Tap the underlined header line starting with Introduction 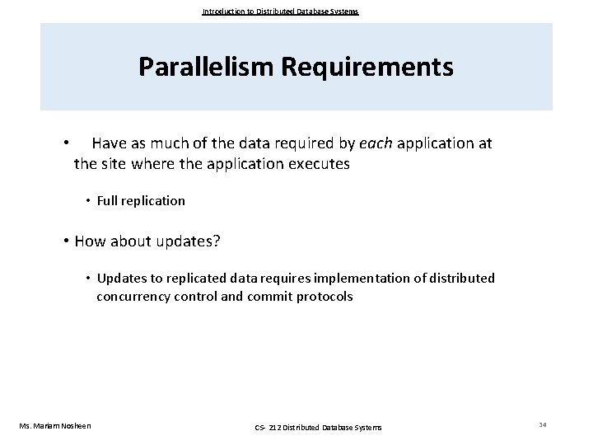(280, 12)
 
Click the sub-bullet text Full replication (141, 200)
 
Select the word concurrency (134, 296)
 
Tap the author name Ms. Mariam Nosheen (55, 425)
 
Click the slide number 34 (542, 424)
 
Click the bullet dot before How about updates (66, 241)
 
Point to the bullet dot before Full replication (88, 200)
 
